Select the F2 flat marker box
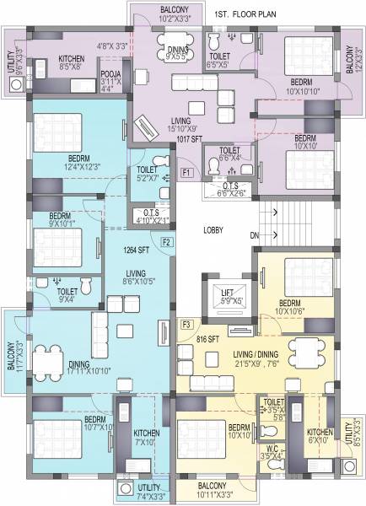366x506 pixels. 167,243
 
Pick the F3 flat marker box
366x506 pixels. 186,324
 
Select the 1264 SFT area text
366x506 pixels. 135,250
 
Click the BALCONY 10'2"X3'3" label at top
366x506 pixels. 156,13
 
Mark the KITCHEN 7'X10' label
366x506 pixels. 145,438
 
